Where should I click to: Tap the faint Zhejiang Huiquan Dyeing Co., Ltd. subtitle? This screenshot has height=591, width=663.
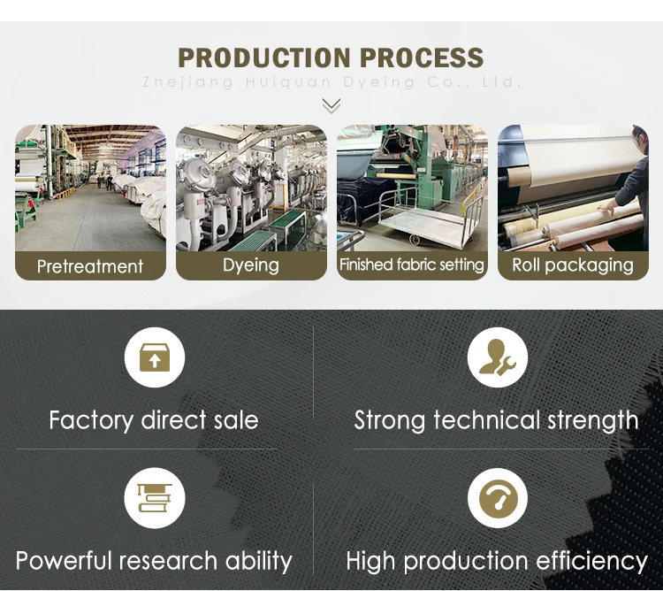tap(331, 82)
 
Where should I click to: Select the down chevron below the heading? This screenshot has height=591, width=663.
tap(331, 106)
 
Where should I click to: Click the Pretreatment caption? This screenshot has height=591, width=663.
tap(90, 266)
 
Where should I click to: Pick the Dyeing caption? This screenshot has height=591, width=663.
tap(251, 265)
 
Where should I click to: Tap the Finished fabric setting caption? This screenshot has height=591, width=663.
tap(412, 265)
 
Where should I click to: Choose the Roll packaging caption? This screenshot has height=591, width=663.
tap(573, 265)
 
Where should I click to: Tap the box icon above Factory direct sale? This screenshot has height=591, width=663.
tap(154, 358)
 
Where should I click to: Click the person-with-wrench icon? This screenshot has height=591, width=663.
tap(498, 358)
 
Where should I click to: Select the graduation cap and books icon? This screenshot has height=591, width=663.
tap(154, 498)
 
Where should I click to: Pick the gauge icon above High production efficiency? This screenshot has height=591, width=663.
tap(498, 498)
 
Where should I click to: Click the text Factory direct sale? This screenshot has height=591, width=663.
tap(154, 419)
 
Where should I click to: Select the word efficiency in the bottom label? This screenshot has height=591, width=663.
tap(589, 561)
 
